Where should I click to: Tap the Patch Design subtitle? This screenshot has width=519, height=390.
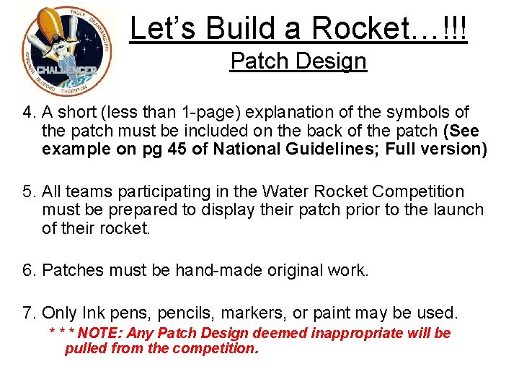coord(298,61)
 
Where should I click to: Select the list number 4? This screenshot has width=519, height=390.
coord(28,113)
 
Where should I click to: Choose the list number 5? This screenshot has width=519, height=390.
coord(28,191)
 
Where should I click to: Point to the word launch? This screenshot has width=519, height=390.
coord(459,210)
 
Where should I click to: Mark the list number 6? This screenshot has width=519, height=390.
coord(28,271)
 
